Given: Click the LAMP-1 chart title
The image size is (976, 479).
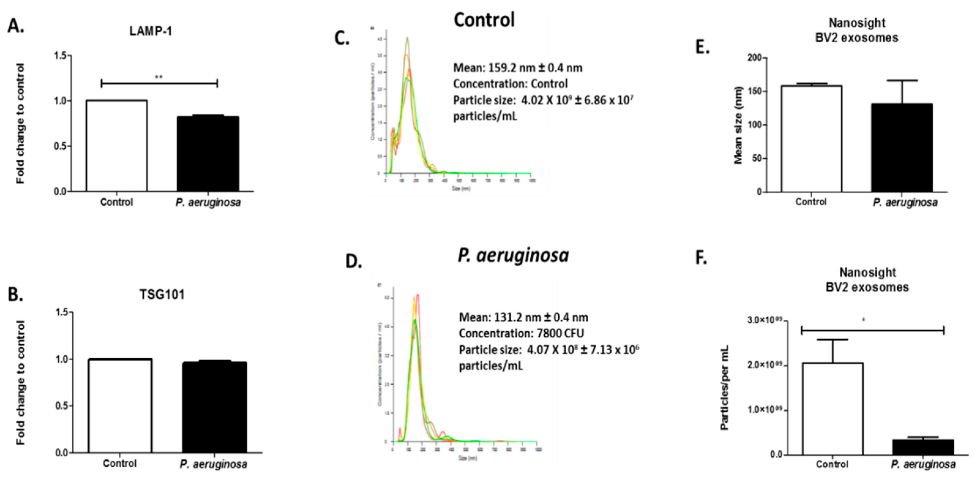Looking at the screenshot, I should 151,31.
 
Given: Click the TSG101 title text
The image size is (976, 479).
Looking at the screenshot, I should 162,295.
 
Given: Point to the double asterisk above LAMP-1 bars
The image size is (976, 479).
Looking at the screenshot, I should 159,77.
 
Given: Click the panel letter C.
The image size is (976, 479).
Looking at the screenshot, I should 342,38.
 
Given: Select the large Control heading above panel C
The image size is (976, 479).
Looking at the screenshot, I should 484,20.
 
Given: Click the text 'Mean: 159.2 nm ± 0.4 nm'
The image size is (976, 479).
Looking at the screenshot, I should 518,68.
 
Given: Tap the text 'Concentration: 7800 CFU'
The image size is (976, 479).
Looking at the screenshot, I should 521,333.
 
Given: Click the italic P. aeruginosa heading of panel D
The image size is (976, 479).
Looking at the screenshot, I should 513,255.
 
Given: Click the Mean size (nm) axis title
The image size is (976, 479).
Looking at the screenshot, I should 738,125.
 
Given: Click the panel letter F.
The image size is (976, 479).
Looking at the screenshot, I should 701,258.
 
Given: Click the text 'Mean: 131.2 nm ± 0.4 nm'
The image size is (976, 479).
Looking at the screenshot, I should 523,317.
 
